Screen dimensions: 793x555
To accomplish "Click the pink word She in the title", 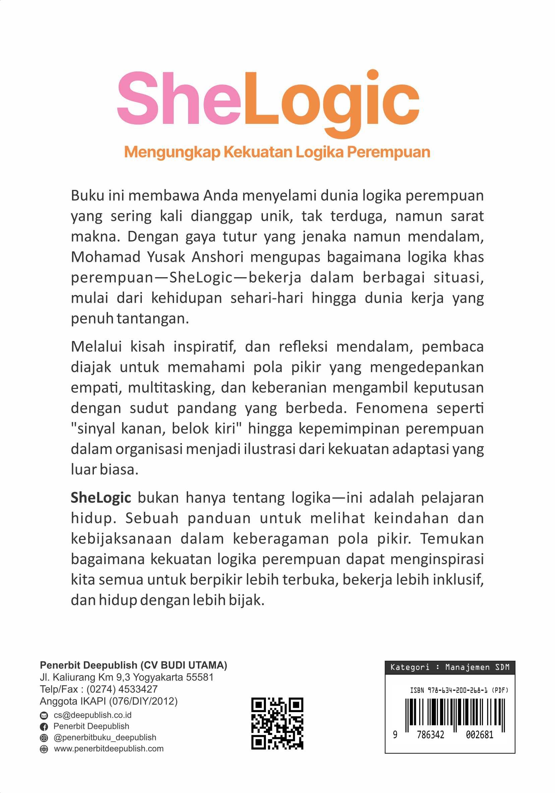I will [x=178, y=99].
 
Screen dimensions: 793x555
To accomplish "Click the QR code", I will [x=277, y=724].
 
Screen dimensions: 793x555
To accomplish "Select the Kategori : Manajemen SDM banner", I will [x=450, y=667].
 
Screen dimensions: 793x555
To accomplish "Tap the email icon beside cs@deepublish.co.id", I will [x=44, y=715].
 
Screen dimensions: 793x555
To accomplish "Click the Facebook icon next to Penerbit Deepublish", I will [x=44, y=727].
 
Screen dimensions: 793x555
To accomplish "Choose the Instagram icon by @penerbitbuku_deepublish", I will [x=44, y=738].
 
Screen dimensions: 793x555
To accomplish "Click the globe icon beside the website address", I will [x=44, y=749].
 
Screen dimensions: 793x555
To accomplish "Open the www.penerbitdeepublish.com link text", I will [x=109, y=749].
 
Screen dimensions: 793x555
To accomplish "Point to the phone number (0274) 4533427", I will [x=122, y=689].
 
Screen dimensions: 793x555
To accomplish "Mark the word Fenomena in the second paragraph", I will [x=392, y=408].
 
